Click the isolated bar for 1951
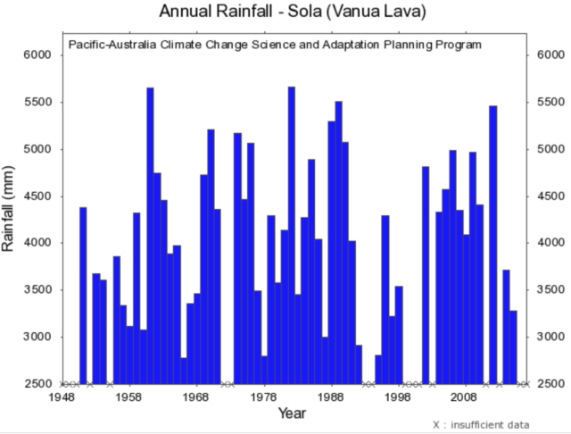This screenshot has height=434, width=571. (x=83, y=296)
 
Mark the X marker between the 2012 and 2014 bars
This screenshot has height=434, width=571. (x=500, y=384)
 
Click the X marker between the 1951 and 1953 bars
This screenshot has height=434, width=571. (x=90, y=384)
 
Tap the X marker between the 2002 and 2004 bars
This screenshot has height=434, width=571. (x=433, y=384)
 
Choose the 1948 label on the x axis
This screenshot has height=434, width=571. (x=62, y=397)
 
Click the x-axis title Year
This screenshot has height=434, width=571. (x=292, y=413)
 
